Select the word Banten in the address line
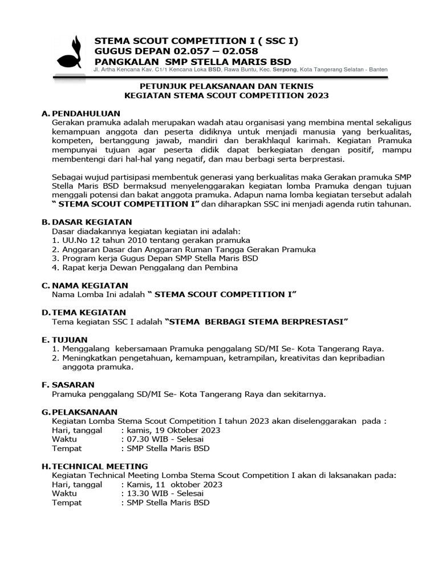click(x=376, y=70)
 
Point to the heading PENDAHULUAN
click(x=84, y=113)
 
